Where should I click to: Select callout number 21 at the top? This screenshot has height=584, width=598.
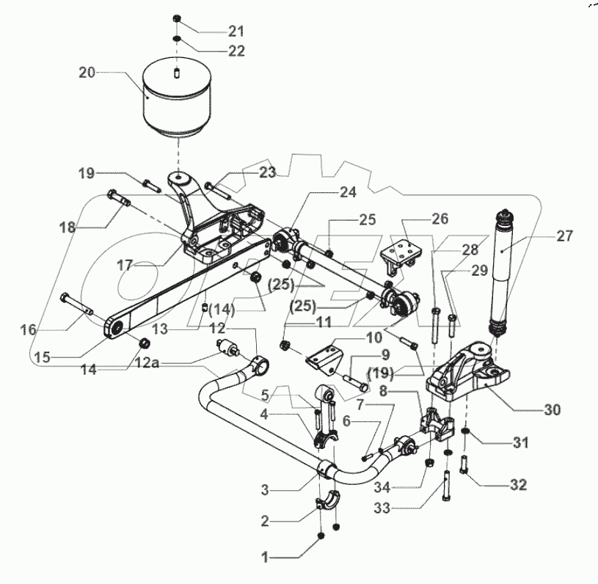236,31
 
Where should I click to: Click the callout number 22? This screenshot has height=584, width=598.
236,51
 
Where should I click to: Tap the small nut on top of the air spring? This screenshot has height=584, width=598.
178,18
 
